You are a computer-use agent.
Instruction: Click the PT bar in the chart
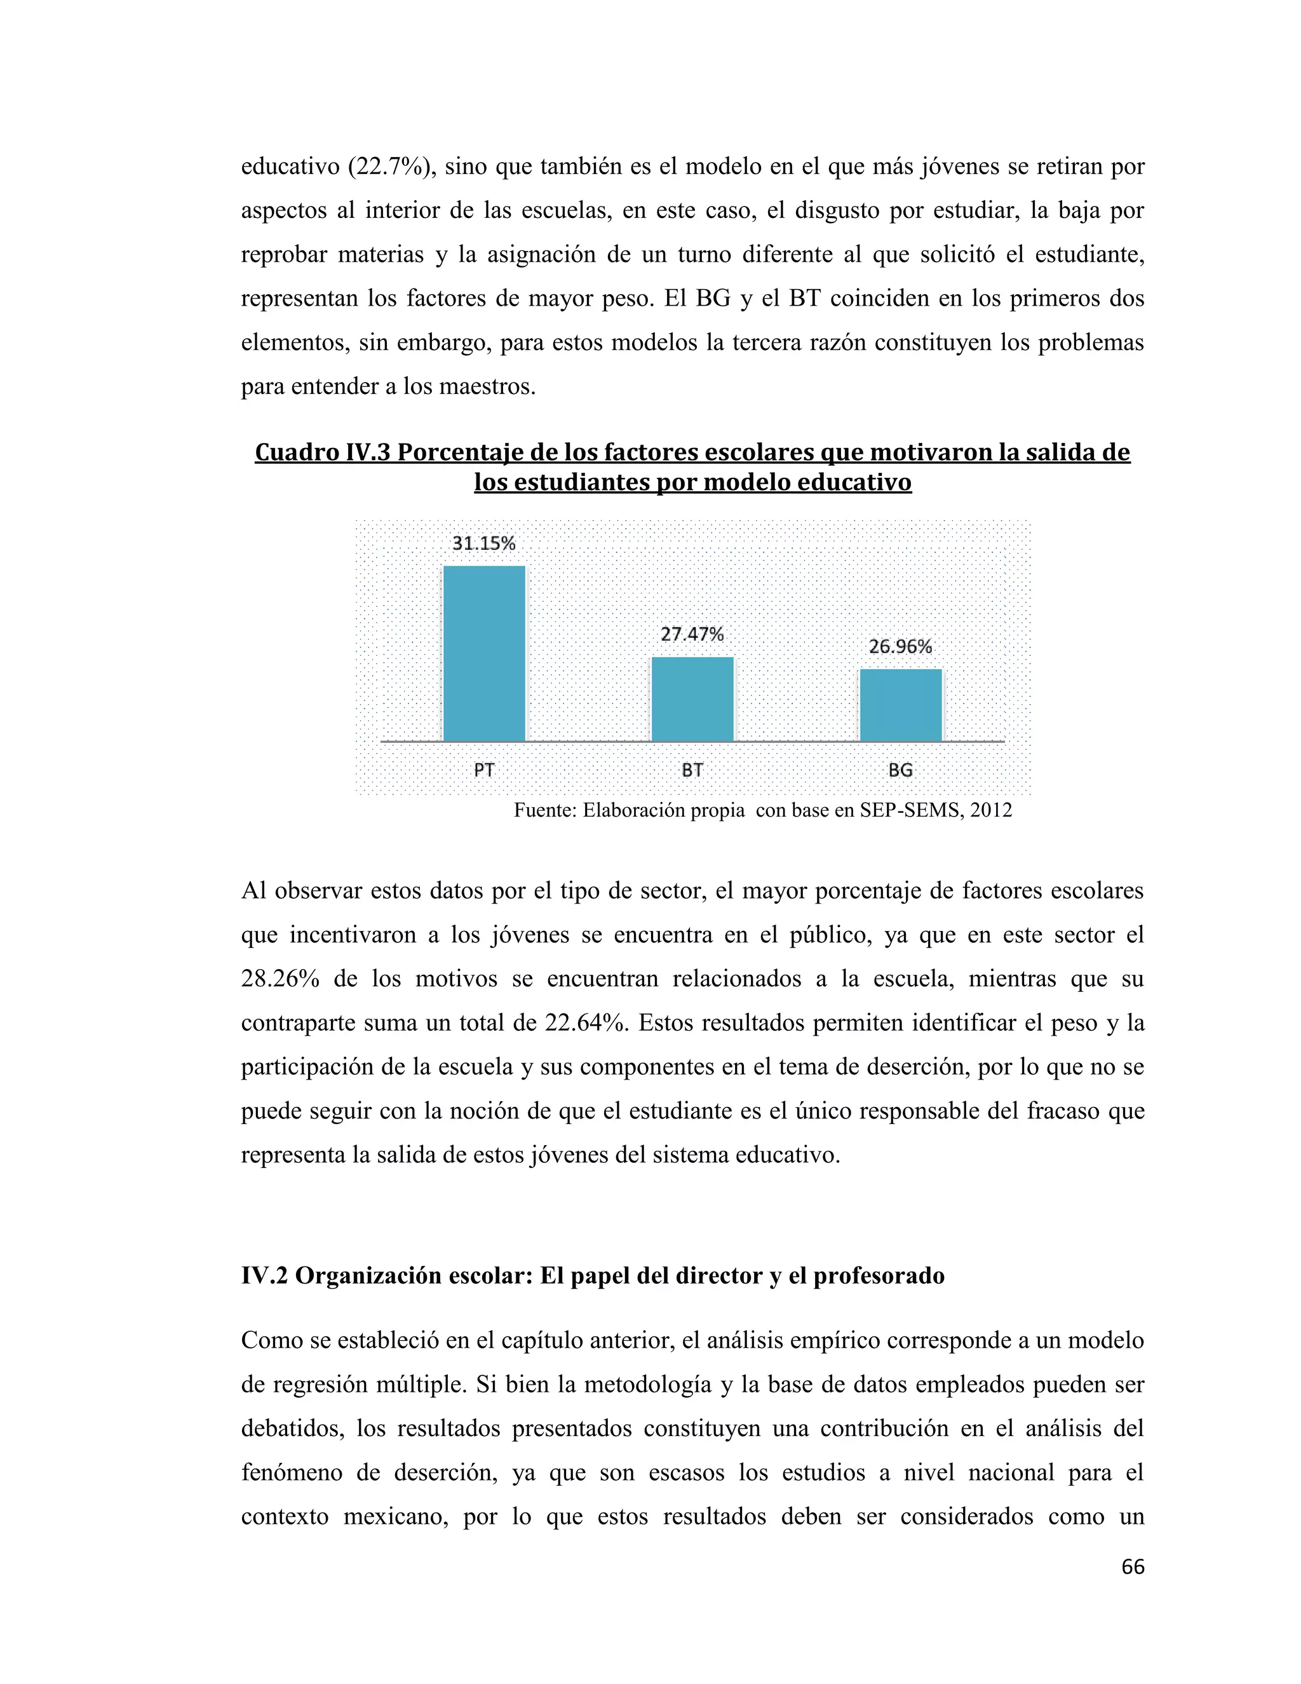point(484,653)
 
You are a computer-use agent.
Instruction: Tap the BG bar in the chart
point(900,705)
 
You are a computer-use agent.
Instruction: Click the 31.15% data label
point(483,543)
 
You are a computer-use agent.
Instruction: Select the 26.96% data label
point(900,647)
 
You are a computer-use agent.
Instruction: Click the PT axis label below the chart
point(484,770)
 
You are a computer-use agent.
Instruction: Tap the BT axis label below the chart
point(692,770)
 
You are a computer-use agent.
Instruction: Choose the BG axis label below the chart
point(900,770)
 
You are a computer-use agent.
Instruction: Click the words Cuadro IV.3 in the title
point(322,452)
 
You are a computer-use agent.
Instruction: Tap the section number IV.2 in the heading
point(264,1276)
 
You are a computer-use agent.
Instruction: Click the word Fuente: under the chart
point(545,810)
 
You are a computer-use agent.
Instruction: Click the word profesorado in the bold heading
point(879,1276)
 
